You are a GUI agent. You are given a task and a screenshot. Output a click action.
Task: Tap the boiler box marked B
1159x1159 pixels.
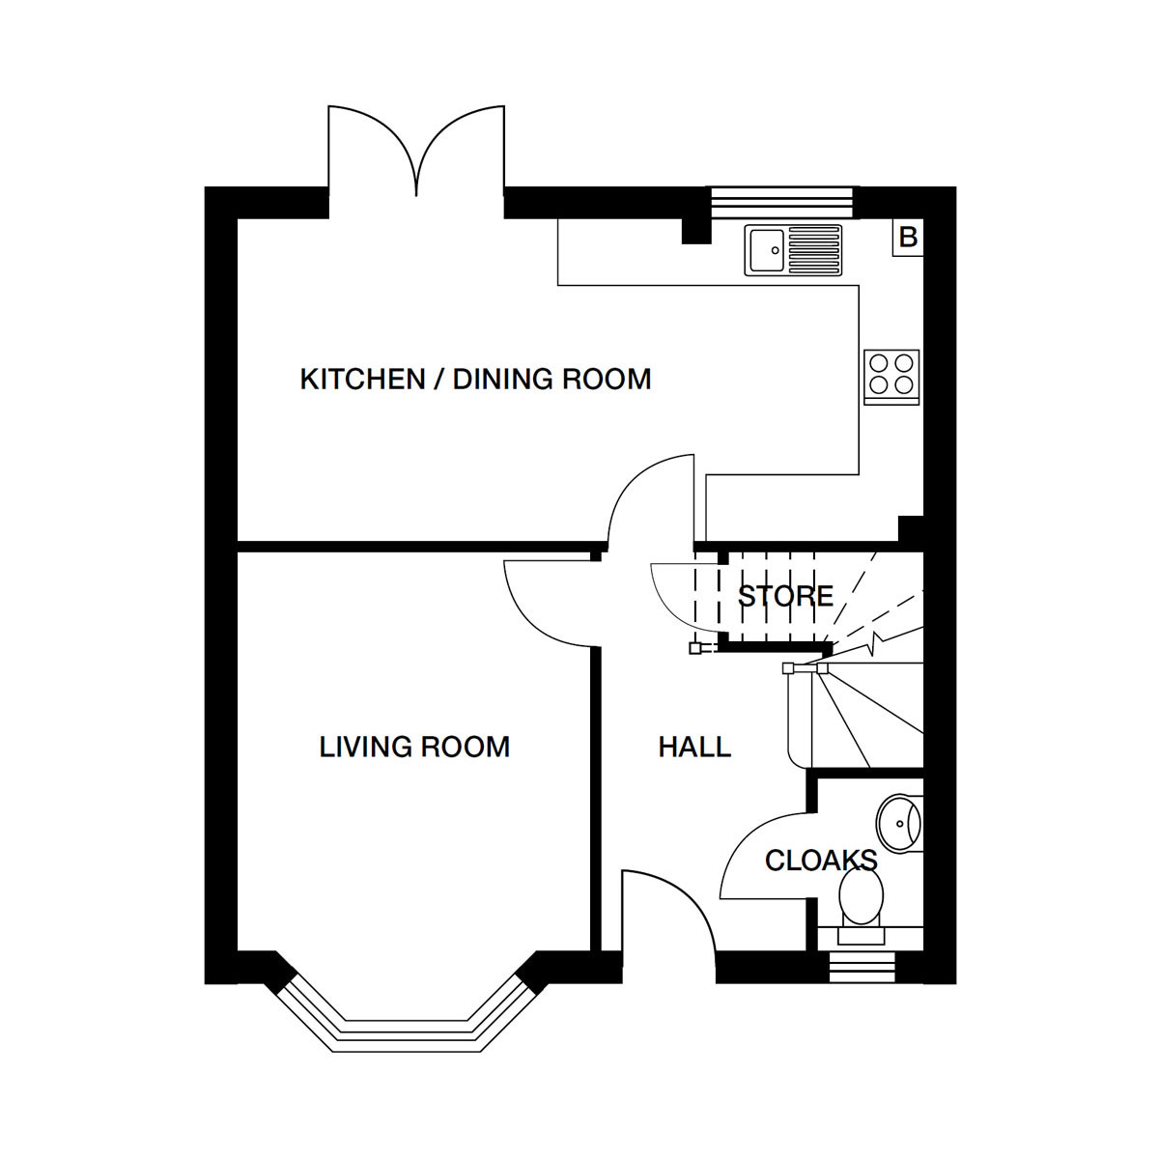[x=908, y=237]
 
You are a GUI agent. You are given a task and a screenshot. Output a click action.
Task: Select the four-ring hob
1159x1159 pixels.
[x=891, y=377]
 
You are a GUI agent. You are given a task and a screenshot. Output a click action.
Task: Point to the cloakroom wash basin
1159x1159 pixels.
[x=898, y=824]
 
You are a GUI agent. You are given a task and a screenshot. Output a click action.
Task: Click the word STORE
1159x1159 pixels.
[x=785, y=596]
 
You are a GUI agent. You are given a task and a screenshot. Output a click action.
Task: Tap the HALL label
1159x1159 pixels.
[x=694, y=747]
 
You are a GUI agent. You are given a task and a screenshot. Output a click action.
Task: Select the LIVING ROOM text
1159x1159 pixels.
[x=414, y=747]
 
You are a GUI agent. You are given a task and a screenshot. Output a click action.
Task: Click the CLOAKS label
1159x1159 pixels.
[x=821, y=861]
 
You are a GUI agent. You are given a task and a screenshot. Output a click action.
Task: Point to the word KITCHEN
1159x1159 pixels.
[x=363, y=380]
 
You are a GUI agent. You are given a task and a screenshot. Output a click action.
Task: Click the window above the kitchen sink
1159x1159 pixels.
[x=782, y=202]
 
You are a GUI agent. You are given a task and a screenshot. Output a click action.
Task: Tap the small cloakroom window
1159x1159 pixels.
[x=862, y=968]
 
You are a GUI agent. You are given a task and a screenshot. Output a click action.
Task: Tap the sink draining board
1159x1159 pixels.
[x=814, y=250]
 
